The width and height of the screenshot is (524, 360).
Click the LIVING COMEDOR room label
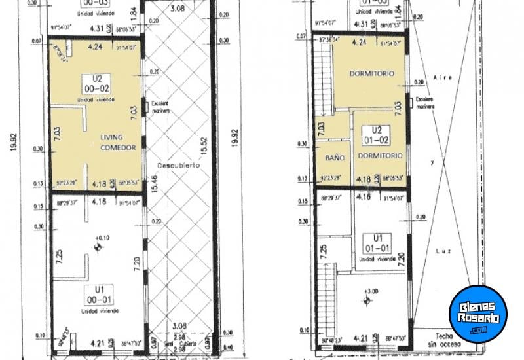tap(118, 142)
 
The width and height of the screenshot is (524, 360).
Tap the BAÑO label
tap(335, 158)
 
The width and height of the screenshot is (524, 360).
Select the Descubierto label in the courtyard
tap(174, 165)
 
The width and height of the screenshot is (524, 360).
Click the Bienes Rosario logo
tap(478, 314)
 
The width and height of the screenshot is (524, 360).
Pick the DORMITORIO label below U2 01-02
tap(378, 156)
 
